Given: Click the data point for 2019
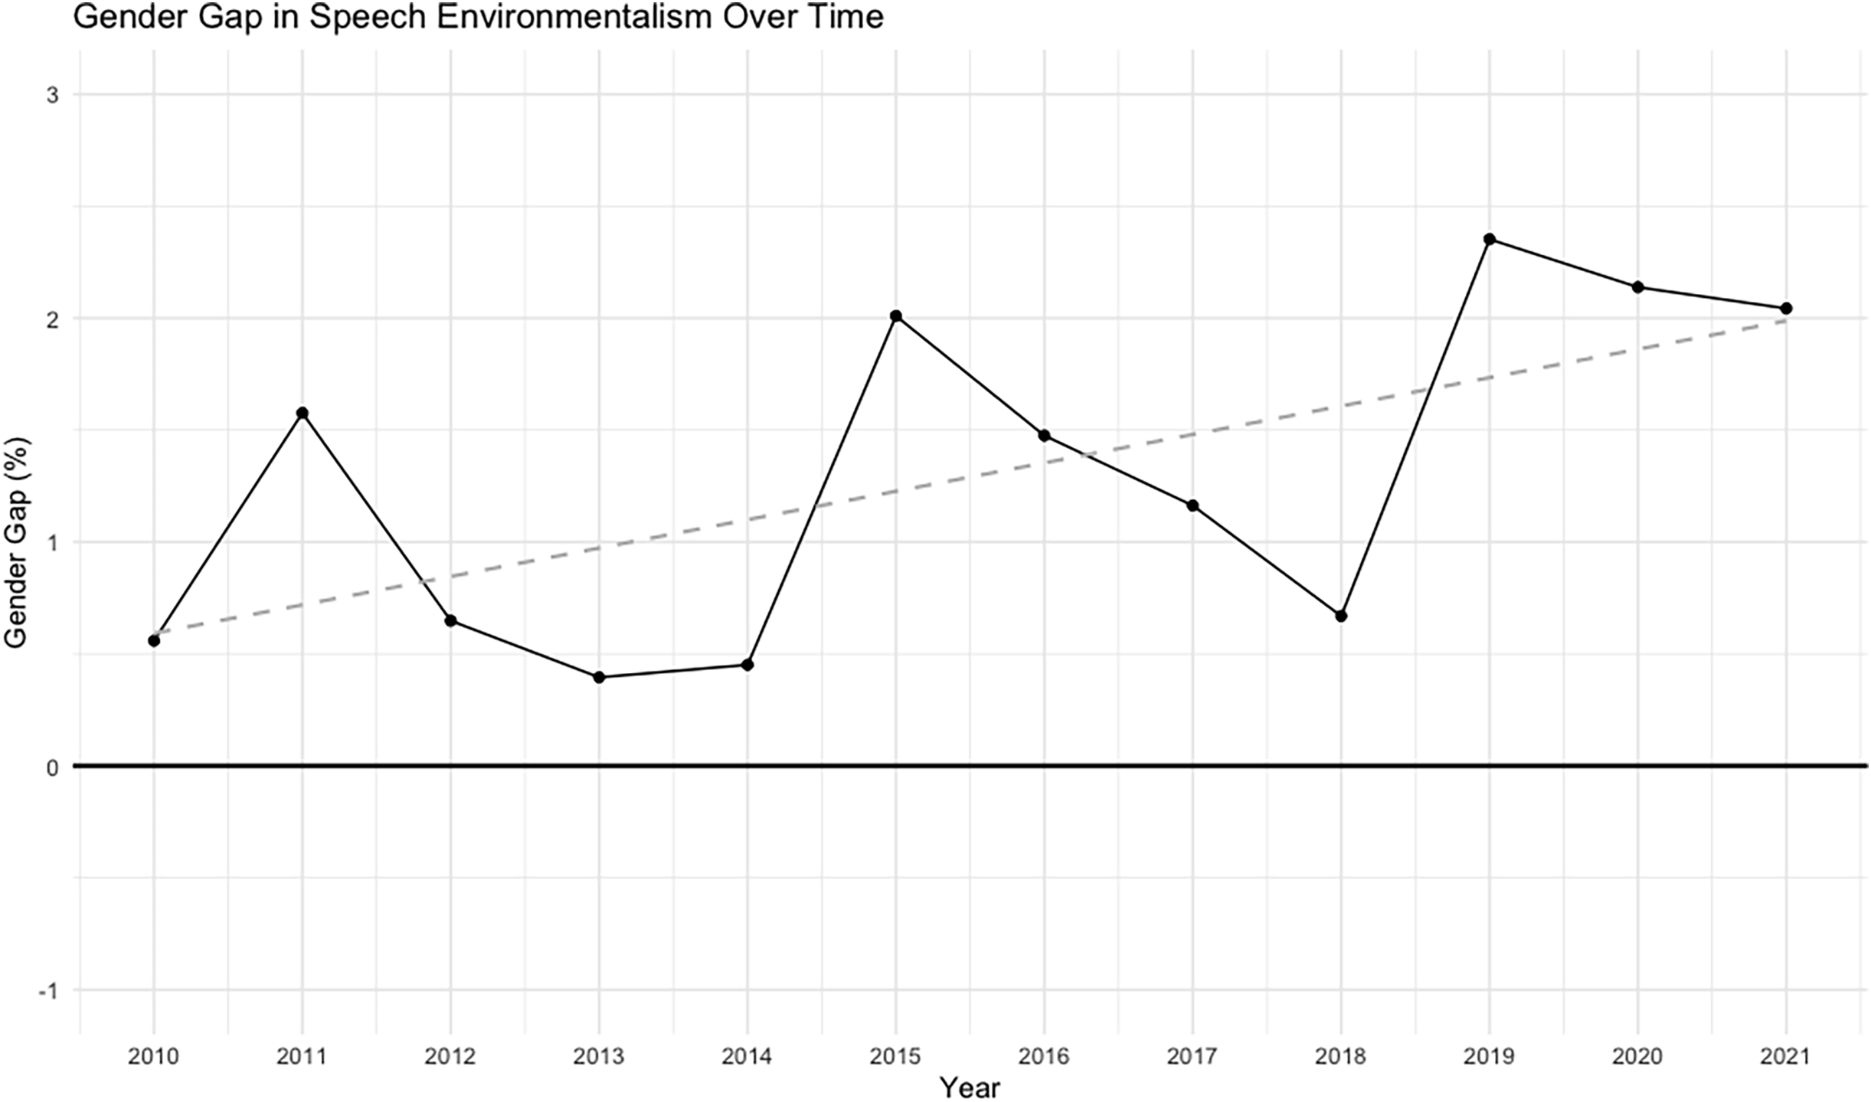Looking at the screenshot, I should tap(1489, 239).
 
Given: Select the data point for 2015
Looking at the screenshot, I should tap(895, 316).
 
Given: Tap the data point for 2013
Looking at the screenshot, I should tap(599, 677).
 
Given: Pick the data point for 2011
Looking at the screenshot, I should tap(302, 413).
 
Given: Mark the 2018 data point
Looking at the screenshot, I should tap(1340, 616).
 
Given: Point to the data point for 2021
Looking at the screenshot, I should tap(1786, 308).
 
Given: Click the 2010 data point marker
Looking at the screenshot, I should tap(153, 640).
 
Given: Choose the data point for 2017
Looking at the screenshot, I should tap(1192, 505).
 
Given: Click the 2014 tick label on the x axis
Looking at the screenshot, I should tap(747, 1058).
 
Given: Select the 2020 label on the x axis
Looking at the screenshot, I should tap(1637, 1058).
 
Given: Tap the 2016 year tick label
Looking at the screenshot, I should tap(1044, 1058).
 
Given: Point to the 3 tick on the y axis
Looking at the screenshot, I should tap(53, 95).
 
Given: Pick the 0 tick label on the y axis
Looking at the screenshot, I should tap(53, 767).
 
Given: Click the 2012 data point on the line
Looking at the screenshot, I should tap(450, 620).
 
